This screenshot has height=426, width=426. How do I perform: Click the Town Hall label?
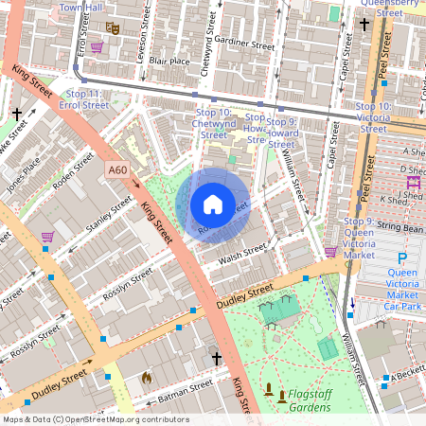coord(80,8)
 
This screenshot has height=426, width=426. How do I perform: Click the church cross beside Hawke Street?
coord(17,115)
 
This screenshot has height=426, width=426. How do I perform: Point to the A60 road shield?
coord(117,169)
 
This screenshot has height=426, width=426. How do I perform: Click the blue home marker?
coord(213,204)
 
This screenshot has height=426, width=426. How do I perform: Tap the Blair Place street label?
coord(143,60)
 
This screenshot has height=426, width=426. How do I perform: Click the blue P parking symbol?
coord(402,257)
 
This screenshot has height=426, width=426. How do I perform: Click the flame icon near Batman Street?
coord(146,377)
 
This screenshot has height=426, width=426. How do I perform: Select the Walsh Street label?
coord(242,252)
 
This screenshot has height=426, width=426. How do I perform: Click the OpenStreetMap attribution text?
coord(96,419)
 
